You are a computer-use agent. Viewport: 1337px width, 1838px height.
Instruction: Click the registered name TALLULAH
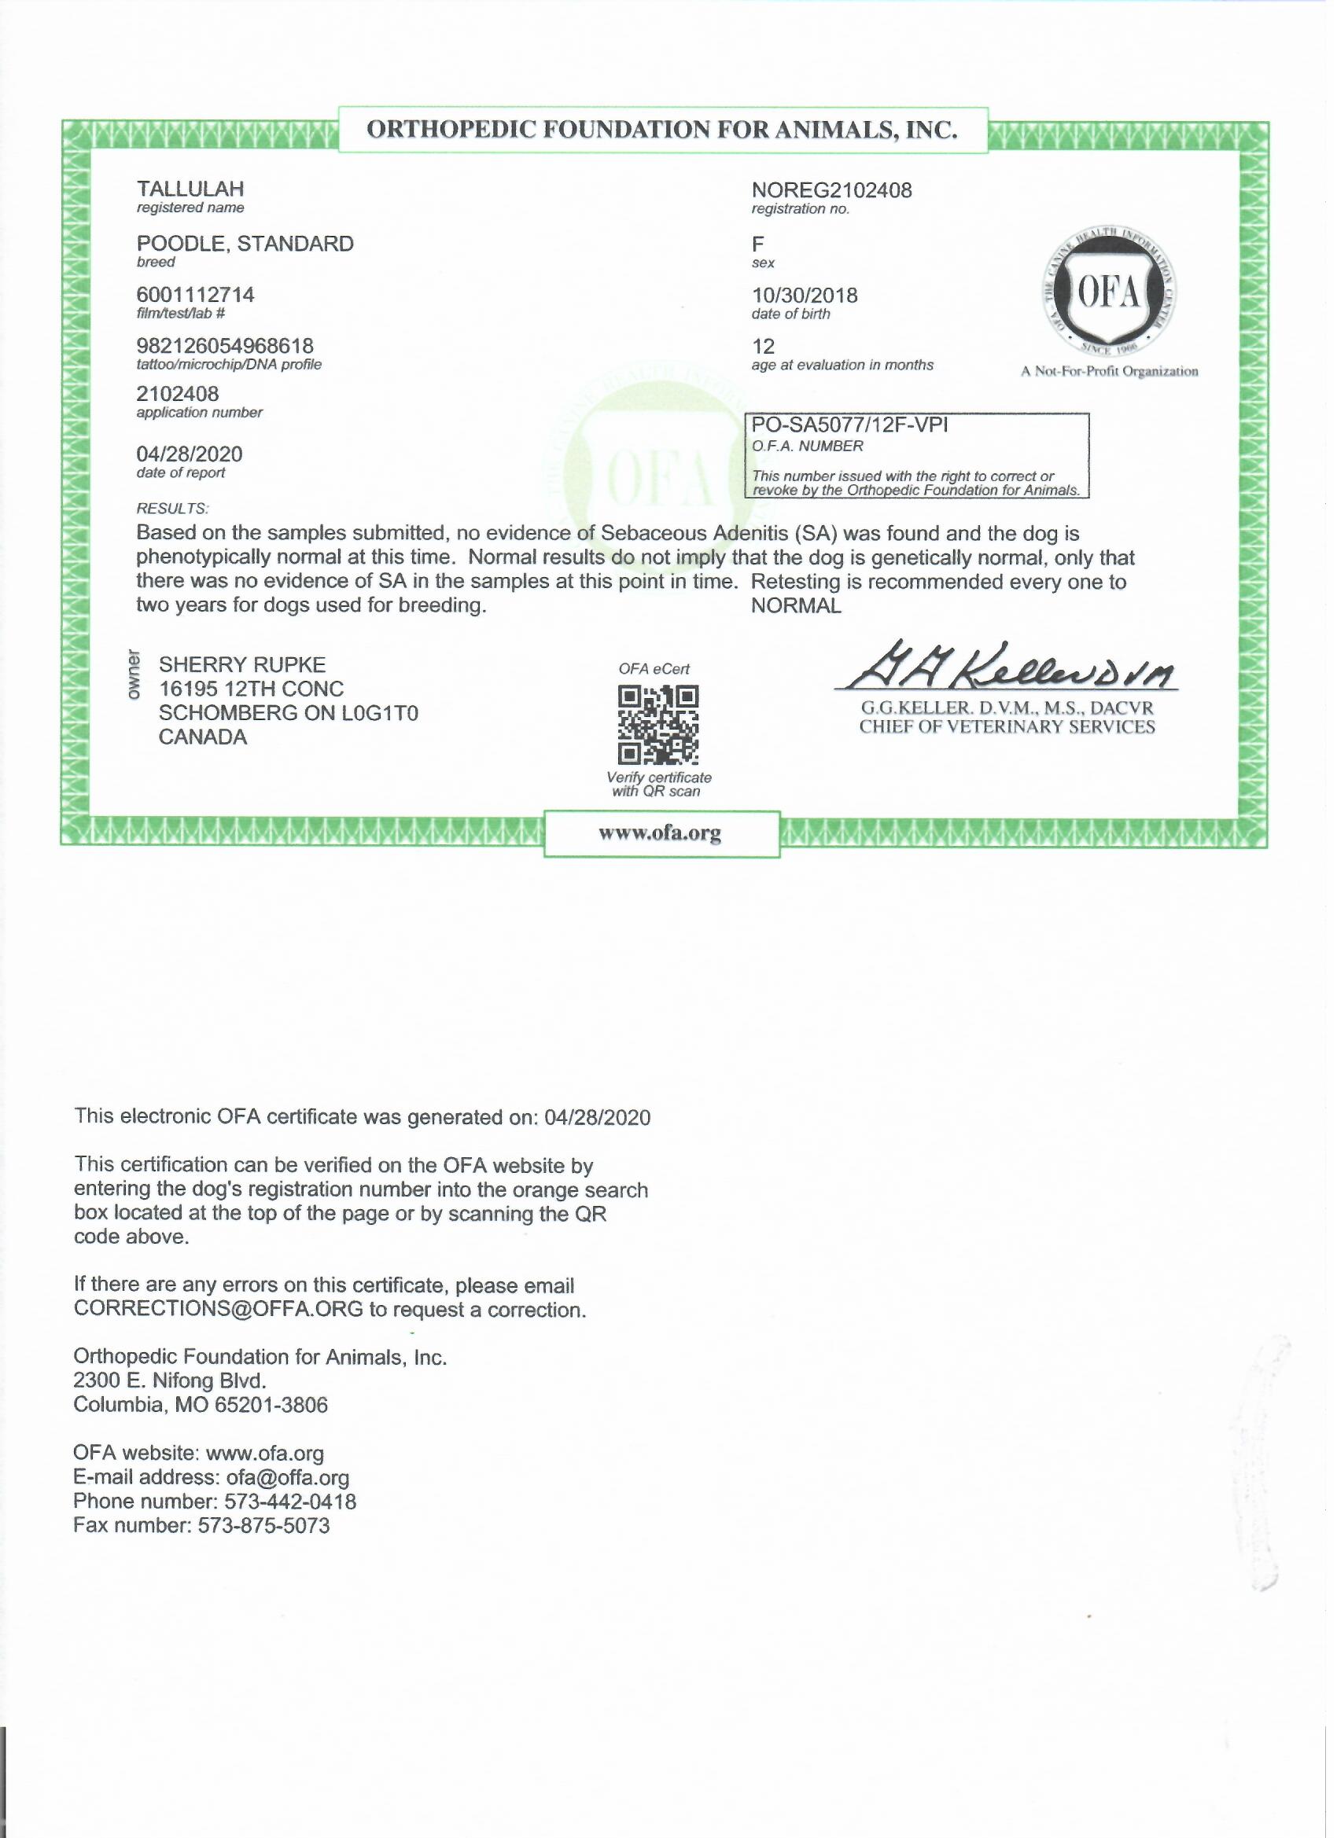point(190,189)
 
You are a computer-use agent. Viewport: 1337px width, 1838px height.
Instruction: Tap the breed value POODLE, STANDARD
point(245,244)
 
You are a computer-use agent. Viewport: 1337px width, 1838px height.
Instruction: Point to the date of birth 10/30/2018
point(805,296)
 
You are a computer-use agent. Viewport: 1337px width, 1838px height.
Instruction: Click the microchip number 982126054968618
point(225,346)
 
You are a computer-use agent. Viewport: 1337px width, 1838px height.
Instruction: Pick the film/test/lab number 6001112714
point(195,295)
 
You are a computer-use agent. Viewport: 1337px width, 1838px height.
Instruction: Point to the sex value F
point(758,244)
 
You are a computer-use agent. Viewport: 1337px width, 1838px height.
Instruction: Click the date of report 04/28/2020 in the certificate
point(189,454)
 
